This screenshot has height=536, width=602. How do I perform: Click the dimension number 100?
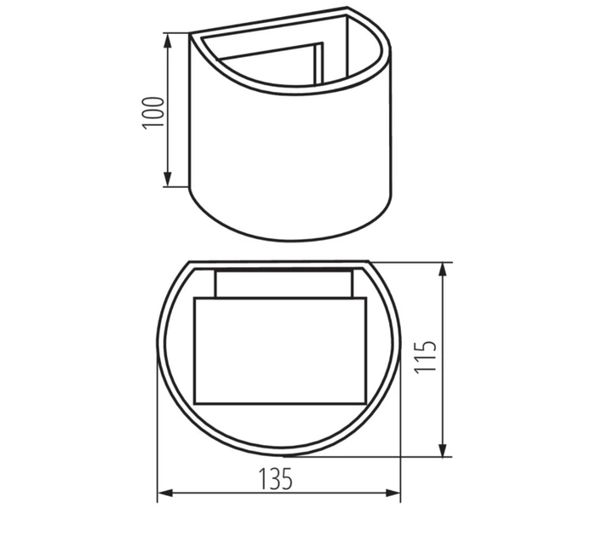pyautogui.click(x=153, y=113)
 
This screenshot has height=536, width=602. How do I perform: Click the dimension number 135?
pyautogui.click(x=276, y=478)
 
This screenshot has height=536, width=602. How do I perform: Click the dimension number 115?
pyautogui.click(x=426, y=356)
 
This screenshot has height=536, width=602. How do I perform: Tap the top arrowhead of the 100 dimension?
pyautogui.click(x=168, y=42)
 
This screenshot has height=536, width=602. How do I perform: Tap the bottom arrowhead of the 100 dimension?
pyautogui.click(x=168, y=180)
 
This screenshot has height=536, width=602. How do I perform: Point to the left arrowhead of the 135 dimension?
pyautogui.click(x=165, y=493)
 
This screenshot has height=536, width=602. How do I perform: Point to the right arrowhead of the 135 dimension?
pyautogui.click(x=393, y=493)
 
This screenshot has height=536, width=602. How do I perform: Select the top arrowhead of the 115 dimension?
pyautogui.click(x=443, y=271)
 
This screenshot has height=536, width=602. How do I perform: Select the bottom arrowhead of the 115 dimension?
pyautogui.click(x=443, y=449)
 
